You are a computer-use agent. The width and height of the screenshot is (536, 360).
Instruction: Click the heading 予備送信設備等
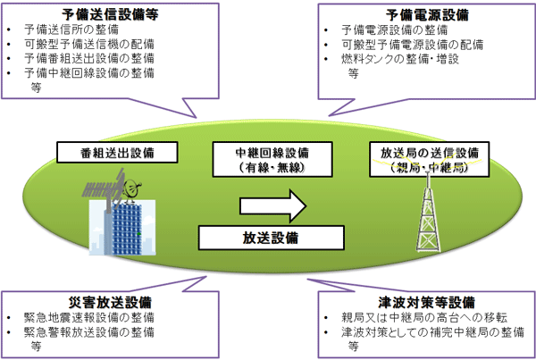point(110,14)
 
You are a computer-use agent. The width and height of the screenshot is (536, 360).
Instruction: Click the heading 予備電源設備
point(427,15)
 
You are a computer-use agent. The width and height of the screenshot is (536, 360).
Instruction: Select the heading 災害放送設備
point(110,303)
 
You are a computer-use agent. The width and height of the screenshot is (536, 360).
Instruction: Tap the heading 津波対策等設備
point(427,303)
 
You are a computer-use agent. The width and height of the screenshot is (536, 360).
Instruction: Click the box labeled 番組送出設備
point(117,153)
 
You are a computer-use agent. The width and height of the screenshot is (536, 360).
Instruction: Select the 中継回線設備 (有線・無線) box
point(272,159)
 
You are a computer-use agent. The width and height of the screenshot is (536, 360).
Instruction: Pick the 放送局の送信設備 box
point(430,159)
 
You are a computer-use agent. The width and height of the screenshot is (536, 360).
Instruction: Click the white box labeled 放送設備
point(271,238)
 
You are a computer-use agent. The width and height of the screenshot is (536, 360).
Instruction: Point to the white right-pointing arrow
point(272,206)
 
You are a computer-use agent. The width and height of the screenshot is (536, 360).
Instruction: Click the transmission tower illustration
point(428,212)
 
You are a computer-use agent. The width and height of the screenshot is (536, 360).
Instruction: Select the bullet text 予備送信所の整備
point(71,29)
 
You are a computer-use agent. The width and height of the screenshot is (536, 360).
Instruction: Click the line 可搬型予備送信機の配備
point(89,44)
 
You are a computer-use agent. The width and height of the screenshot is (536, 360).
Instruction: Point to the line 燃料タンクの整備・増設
point(400,59)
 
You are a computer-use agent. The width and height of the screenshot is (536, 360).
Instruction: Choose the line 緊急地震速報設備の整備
point(89,318)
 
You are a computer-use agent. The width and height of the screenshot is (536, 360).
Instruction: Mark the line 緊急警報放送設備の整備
point(89,332)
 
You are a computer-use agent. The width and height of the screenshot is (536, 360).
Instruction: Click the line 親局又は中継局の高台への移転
point(424,318)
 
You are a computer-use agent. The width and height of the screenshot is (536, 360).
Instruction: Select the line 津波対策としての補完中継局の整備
point(432,332)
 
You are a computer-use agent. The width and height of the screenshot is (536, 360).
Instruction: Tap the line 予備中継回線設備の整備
point(89,73)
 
